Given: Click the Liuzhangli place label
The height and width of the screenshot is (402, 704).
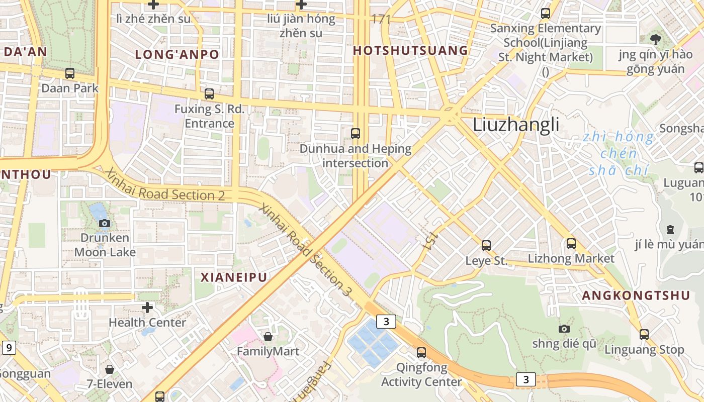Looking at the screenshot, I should [x=515, y=124].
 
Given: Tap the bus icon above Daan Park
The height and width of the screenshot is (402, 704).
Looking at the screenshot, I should [x=70, y=73].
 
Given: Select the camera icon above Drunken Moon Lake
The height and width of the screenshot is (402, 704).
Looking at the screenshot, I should [x=105, y=223].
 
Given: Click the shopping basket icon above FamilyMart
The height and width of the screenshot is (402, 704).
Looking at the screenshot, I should [x=268, y=336].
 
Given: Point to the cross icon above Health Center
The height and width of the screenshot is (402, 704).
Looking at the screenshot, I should [x=147, y=307].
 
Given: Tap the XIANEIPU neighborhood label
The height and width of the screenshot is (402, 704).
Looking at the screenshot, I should [x=234, y=277].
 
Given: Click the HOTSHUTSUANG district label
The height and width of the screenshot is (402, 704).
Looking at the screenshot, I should [x=410, y=51].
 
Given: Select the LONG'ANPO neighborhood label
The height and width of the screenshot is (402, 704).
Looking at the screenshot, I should [x=177, y=55].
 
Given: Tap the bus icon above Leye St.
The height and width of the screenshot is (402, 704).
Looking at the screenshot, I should [x=486, y=246].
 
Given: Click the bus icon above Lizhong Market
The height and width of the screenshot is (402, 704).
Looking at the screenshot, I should [x=571, y=244].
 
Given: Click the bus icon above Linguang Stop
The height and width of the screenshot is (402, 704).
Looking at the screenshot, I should [x=644, y=334].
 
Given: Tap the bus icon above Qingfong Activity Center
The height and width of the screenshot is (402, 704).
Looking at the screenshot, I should [x=421, y=352].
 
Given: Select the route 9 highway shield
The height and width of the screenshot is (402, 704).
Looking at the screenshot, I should [x=9, y=347].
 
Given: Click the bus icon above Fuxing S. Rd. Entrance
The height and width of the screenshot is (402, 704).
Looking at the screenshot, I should [x=209, y=93].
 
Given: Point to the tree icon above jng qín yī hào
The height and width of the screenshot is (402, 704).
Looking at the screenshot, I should [x=655, y=39].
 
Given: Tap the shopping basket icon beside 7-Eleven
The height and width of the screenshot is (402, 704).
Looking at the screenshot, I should [x=110, y=369].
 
